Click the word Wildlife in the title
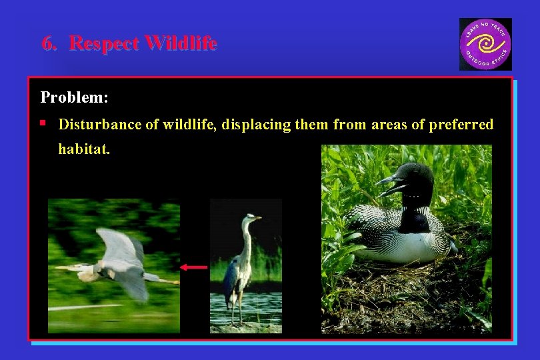point(181,44)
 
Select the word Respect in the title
point(104,44)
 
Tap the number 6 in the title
point(47,44)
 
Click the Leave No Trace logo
point(485,44)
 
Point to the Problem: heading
point(75,97)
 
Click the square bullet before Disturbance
point(43,123)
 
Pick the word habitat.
point(83,149)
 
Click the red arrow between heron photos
point(194,267)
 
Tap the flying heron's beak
point(69,267)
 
